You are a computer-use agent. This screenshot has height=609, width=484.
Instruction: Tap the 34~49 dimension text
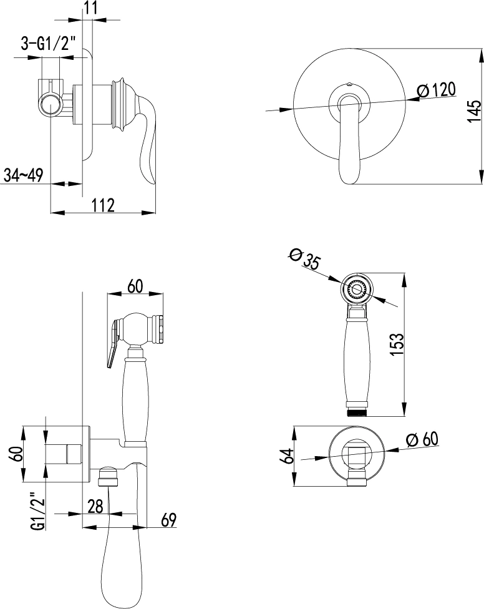tap(23, 175)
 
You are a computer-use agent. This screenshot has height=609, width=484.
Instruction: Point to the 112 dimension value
tap(103, 205)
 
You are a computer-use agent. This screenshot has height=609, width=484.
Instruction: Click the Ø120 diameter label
tap(436, 90)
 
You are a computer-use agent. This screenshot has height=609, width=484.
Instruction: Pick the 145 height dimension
tap(473, 112)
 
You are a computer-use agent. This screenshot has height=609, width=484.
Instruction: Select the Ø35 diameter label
tap(304, 259)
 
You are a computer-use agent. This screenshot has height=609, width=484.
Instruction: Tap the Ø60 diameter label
tap(422, 439)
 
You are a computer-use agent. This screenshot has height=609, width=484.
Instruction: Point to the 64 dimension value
tap(288, 456)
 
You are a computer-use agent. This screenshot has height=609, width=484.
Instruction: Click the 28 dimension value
tap(95, 506)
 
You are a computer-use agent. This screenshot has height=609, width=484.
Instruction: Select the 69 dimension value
tap(168, 520)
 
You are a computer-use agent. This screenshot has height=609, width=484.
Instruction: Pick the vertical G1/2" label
tap(38, 511)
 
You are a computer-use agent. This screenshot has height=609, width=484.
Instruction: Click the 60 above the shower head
tap(135, 286)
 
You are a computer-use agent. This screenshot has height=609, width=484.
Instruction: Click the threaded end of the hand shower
tap(357, 412)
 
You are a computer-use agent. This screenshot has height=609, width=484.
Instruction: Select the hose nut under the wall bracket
tap(109, 477)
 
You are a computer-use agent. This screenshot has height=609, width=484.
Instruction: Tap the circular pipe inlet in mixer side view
tap(51, 105)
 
